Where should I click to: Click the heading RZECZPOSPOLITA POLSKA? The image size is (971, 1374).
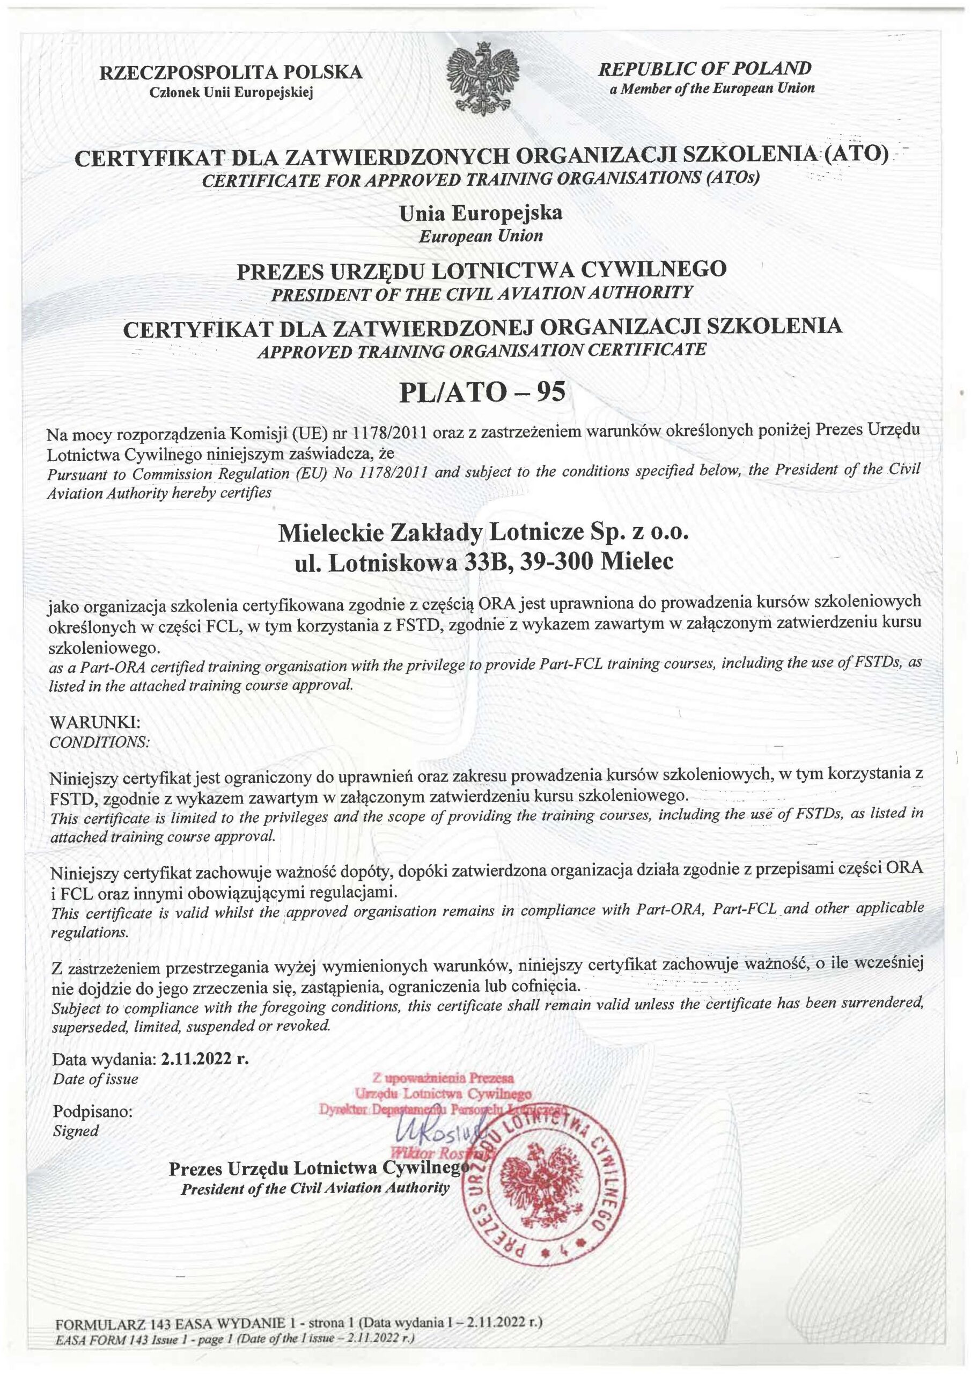click(x=231, y=72)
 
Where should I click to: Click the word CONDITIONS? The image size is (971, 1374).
click(x=99, y=742)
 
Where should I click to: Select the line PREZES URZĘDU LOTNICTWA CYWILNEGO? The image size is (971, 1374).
click(x=482, y=271)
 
